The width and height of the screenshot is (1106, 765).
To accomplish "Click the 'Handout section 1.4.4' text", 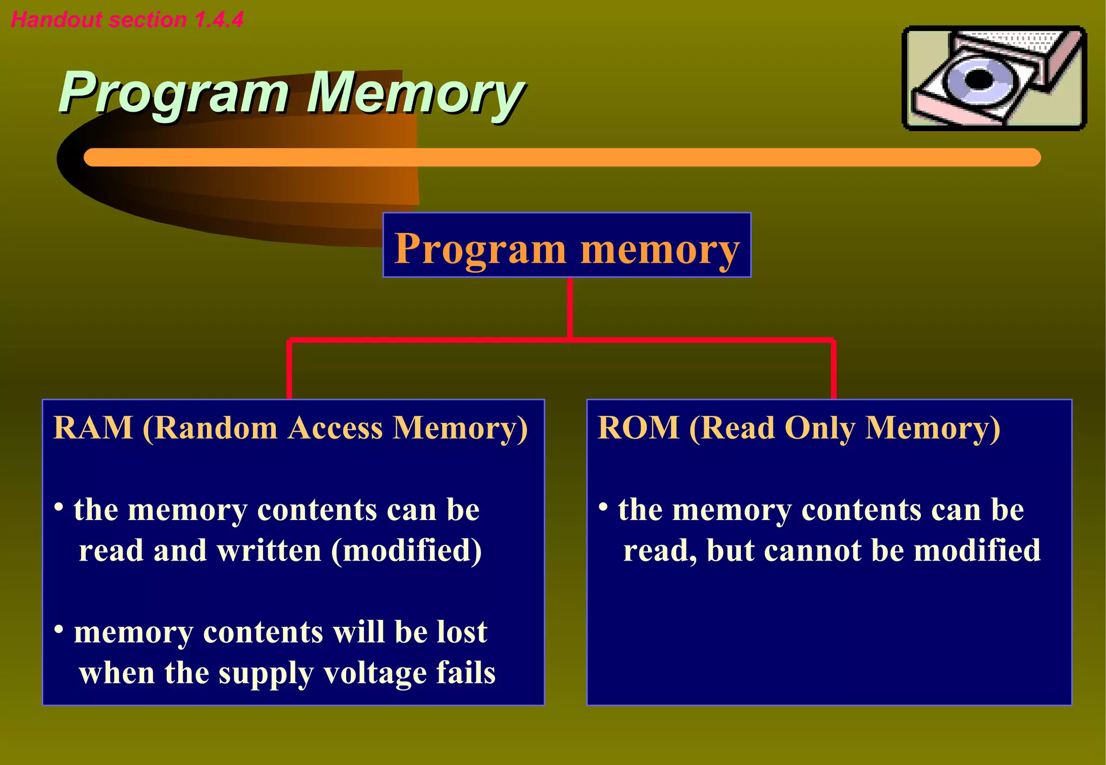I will click(x=127, y=20).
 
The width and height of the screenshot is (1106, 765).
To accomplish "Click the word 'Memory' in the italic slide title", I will click(x=415, y=93).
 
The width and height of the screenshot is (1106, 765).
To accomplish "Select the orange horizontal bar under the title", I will click(x=562, y=157).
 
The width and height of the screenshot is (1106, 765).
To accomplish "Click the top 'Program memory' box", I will click(x=567, y=245).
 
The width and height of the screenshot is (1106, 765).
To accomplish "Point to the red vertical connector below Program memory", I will click(x=570, y=308).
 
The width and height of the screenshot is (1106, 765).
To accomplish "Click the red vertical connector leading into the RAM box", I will click(x=289, y=370).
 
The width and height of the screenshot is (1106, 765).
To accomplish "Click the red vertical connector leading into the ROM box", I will click(x=833, y=370).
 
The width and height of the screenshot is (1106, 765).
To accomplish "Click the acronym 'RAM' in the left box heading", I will click(x=93, y=428).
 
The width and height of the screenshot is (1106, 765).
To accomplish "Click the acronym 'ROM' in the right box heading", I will click(x=638, y=428).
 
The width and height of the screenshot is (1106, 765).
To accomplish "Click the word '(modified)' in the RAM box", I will click(x=406, y=551).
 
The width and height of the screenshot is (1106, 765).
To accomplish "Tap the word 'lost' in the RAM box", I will click(x=462, y=632).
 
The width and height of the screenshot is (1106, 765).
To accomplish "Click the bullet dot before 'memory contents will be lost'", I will click(x=59, y=629).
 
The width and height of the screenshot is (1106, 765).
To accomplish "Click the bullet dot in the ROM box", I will click(x=603, y=507).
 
